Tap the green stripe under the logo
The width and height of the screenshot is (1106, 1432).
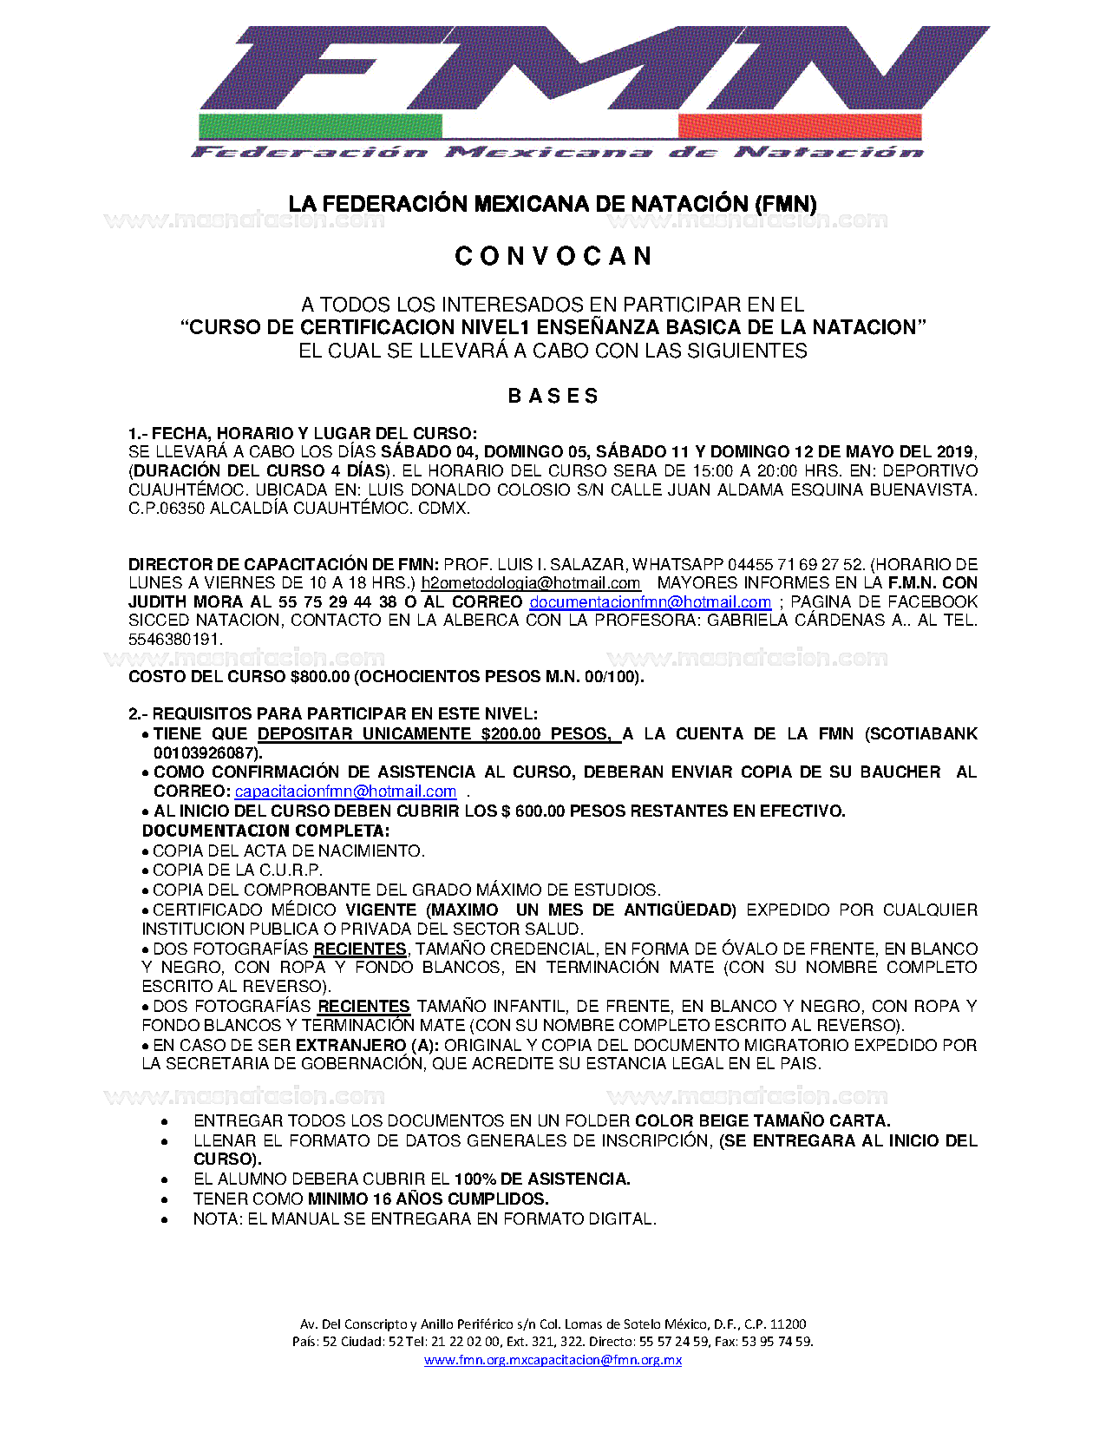[320, 126]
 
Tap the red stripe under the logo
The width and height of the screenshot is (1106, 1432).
[799, 126]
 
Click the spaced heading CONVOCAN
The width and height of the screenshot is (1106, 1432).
[553, 257]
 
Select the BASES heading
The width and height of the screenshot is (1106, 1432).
[553, 397]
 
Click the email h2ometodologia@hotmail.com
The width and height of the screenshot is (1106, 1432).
[530, 583]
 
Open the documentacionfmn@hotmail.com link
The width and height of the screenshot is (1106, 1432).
[650, 602]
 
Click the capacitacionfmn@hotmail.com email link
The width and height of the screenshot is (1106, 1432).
[345, 792]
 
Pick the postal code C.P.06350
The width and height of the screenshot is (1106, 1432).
[167, 509]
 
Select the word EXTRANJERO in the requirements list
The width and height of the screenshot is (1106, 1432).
[350, 1045]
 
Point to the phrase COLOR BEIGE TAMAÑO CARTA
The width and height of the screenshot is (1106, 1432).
[762, 1121]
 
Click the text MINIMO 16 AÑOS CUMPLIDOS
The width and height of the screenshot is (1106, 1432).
[428, 1199]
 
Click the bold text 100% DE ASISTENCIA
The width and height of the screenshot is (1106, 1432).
[542, 1179]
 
